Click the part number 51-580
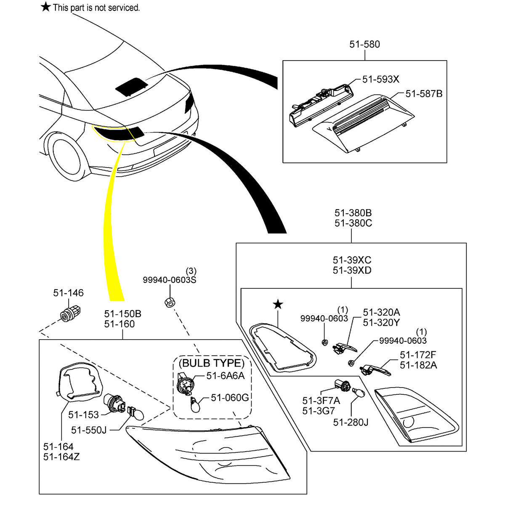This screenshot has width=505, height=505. click(x=364, y=44)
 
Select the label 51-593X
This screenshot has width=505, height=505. click(x=380, y=79)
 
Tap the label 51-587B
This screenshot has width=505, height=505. click(x=424, y=93)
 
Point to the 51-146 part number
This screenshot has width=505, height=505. click(x=68, y=293)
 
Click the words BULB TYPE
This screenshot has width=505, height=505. click(x=212, y=363)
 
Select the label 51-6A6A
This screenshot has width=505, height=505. click(x=225, y=376)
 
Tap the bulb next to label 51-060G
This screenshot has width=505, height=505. click(x=194, y=405)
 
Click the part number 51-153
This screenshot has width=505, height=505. click(x=83, y=415)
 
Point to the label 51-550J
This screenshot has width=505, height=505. click(x=89, y=430)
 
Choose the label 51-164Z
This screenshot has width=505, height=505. click(x=61, y=457)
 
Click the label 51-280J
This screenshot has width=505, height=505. click(x=351, y=422)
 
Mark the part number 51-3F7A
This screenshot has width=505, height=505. click(x=321, y=400)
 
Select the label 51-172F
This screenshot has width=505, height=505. click(x=418, y=355)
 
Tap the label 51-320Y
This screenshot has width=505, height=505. click(x=381, y=323)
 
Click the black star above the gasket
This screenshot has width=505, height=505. click(x=278, y=304)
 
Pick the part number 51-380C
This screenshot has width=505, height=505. click(x=353, y=223)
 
